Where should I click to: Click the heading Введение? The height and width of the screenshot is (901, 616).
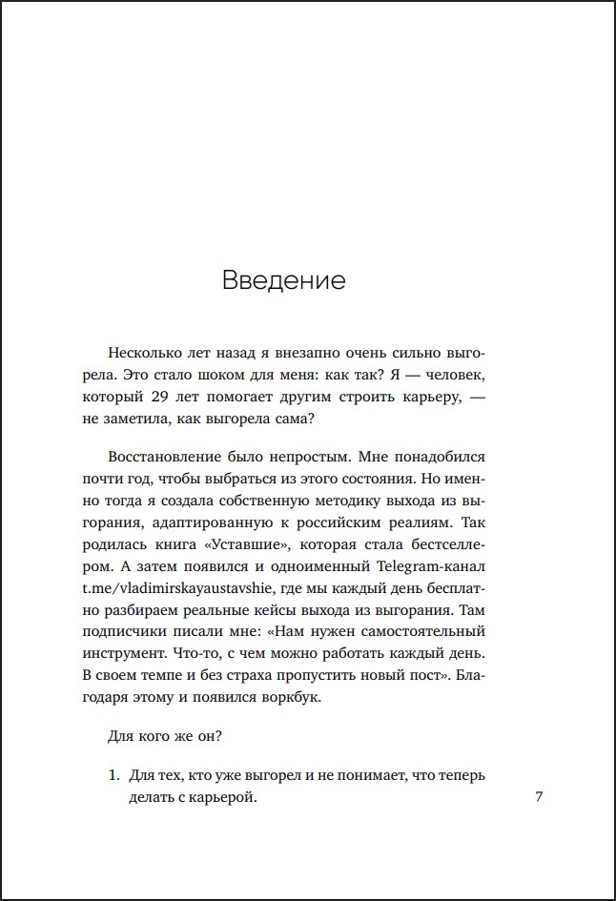(x=283, y=280)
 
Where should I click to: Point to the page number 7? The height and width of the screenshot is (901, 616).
(x=539, y=797)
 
